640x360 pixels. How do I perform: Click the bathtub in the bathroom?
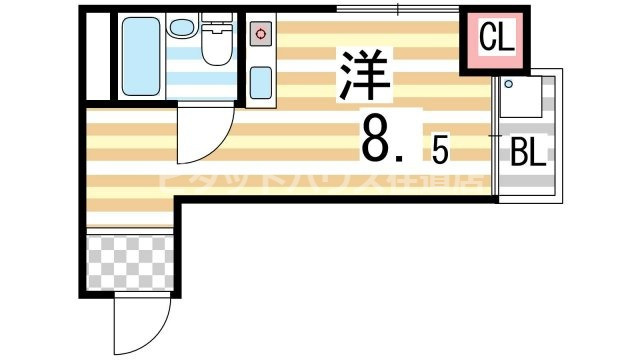[x=139, y=58]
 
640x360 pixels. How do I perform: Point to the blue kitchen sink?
[x=261, y=80]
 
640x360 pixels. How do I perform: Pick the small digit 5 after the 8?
[x=440, y=150]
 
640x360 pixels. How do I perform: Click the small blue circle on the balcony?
[x=507, y=83]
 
